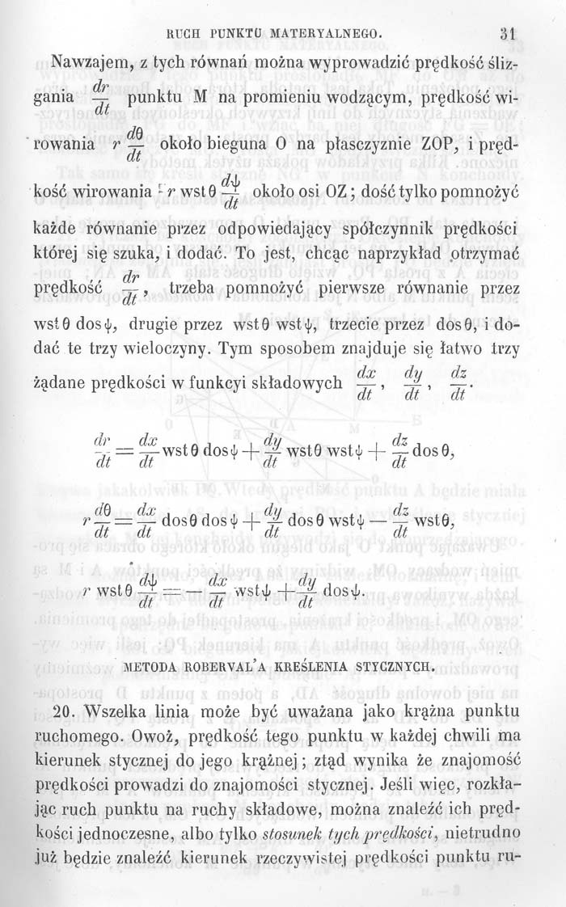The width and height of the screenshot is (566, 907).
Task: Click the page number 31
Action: coord(508,35)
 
